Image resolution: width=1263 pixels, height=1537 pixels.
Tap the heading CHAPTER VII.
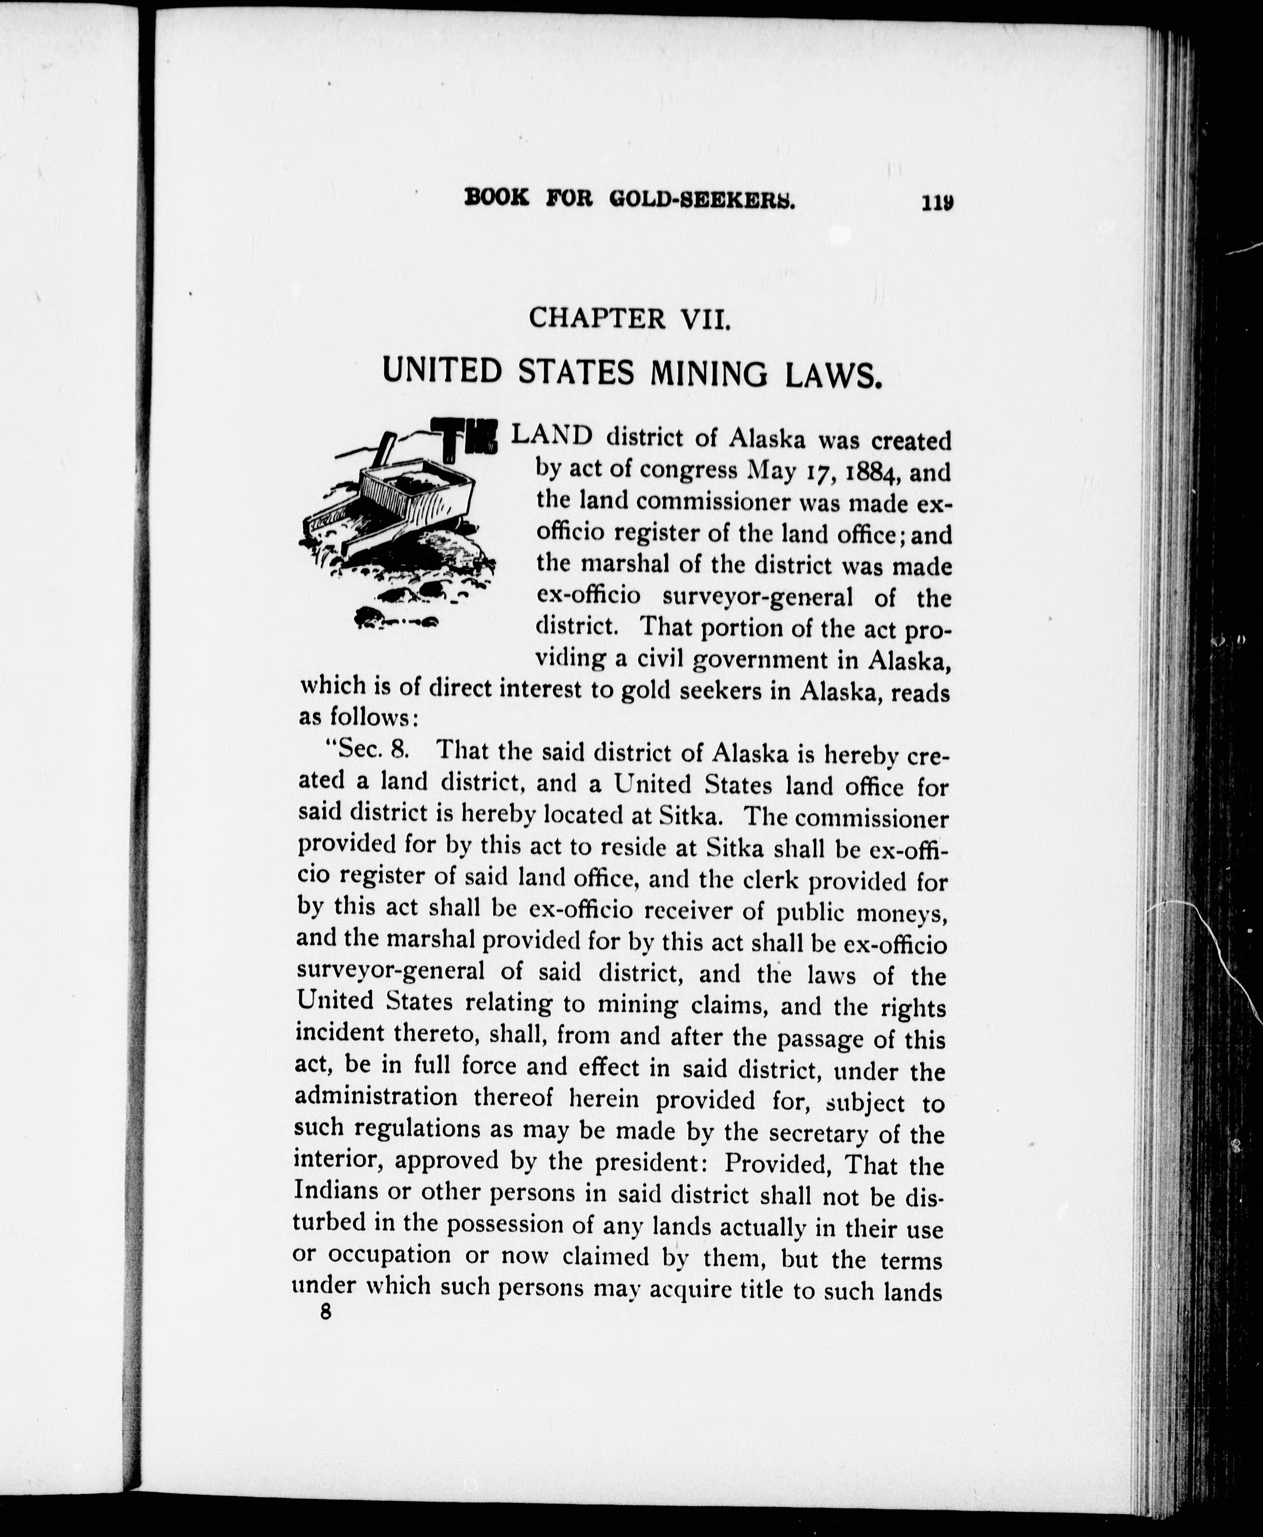point(629,318)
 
